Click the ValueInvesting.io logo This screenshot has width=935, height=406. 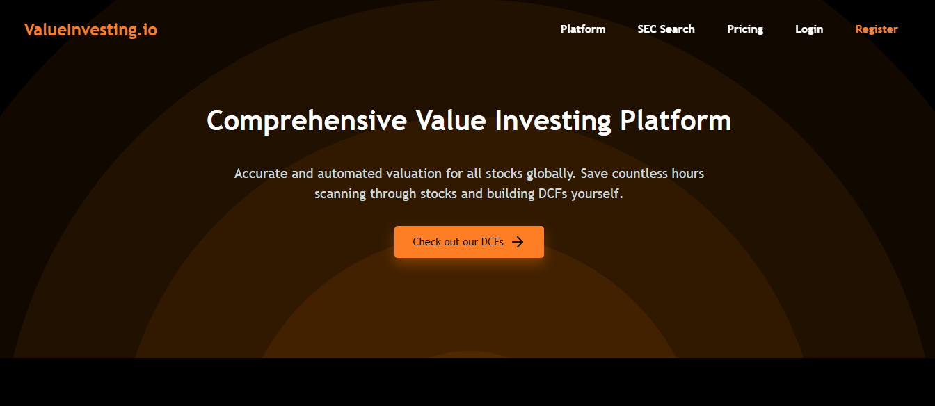click(90, 30)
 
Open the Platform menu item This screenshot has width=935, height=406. click(583, 29)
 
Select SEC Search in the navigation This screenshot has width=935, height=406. click(666, 29)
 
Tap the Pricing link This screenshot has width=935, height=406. click(745, 30)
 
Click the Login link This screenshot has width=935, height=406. click(809, 30)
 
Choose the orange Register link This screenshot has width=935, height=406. click(877, 30)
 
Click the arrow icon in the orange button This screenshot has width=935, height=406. click(518, 242)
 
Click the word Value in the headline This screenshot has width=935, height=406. click(451, 120)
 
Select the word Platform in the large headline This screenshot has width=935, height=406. click(676, 120)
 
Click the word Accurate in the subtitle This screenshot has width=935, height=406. click(261, 174)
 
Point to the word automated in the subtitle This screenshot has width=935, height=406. click(350, 174)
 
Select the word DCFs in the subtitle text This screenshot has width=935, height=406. click(552, 194)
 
